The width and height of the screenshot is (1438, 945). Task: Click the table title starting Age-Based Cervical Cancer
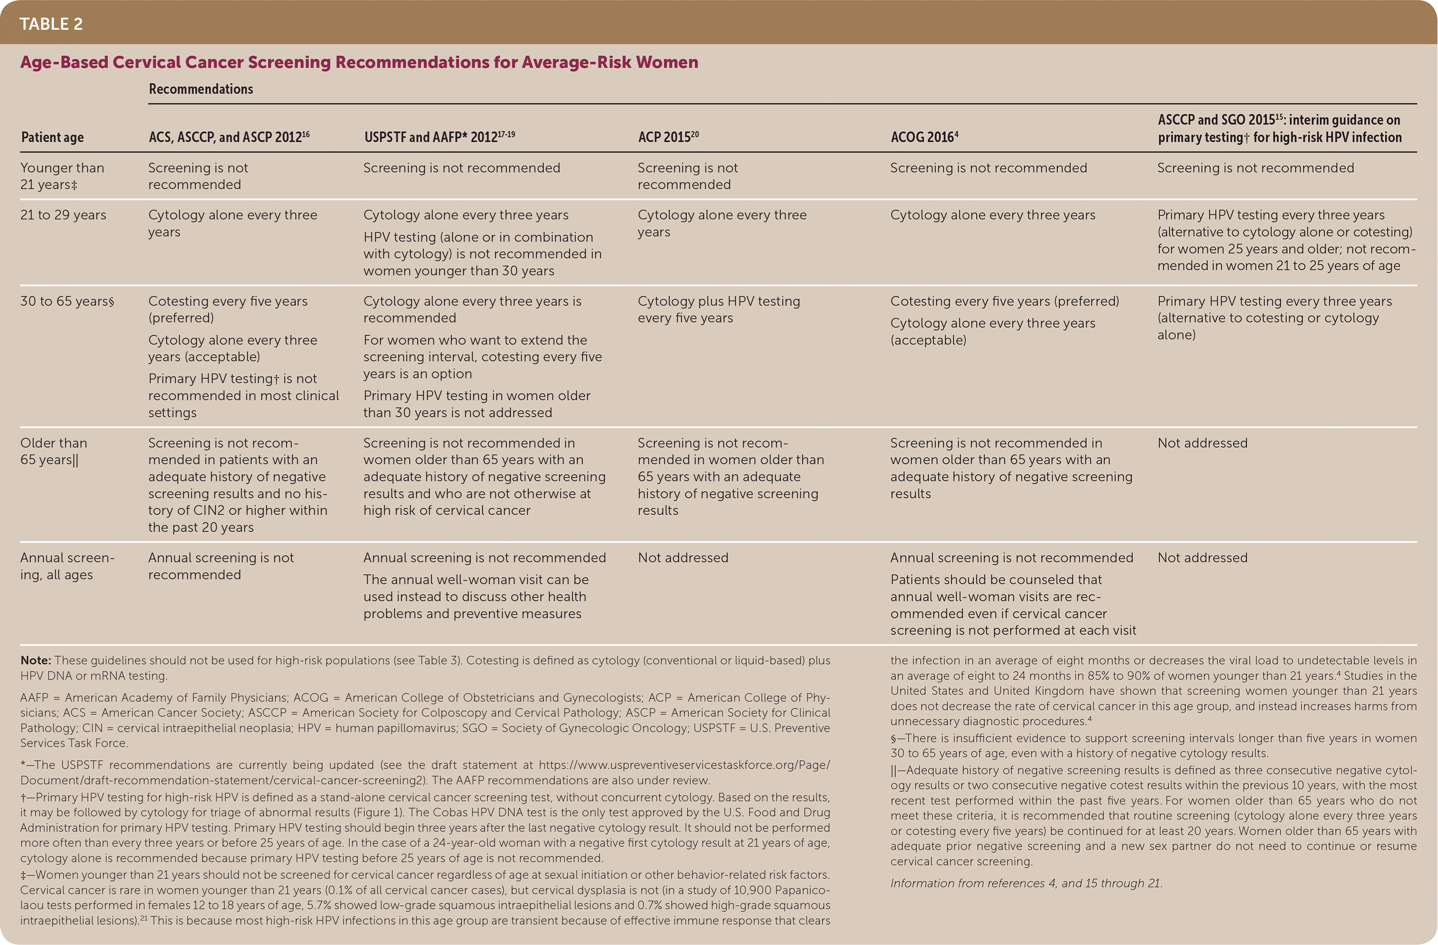click(x=359, y=62)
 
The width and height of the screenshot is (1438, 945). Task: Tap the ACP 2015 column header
click(x=668, y=137)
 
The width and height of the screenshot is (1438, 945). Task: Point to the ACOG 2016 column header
click(x=924, y=137)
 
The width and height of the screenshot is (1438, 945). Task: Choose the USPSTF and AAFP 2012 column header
click(x=439, y=137)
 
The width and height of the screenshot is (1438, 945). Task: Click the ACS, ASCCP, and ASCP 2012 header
click(x=229, y=137)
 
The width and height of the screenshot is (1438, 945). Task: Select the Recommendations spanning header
click(x=201, y=89)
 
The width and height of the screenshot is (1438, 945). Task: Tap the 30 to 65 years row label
click(x=66, y=301)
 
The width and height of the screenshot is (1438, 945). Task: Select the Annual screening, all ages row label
click(x=66, y=566)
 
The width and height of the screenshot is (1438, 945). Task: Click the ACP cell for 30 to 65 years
click(x=718, y=309)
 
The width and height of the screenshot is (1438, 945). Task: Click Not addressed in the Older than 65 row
click(x=1202, y=443)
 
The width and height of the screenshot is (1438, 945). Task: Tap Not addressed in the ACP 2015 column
click(x=683, y=558)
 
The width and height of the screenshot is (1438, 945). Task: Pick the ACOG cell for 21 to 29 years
click(x=992, y=215)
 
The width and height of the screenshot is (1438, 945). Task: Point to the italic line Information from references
click(x=1026, y=883)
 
